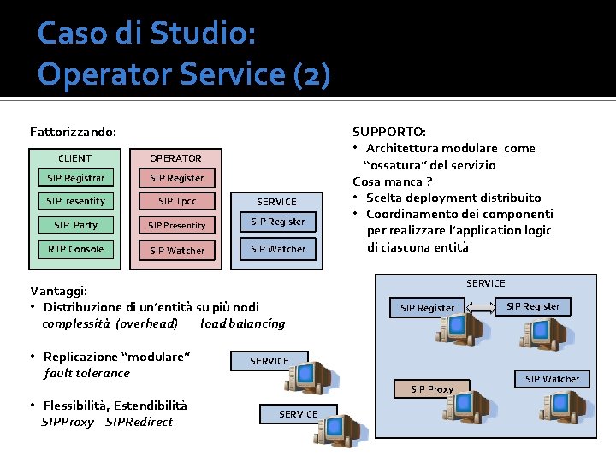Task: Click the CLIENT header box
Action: pos(74,158)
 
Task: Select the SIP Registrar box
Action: pos(75,178)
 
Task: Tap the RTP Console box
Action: pos(75,249)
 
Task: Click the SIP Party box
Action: pos(75,225)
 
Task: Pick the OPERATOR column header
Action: pos(176,158)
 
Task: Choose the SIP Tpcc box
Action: pos(176,202)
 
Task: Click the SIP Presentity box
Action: pos(176,226)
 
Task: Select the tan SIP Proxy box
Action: pos(431,389)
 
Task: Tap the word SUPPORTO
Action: pos(389,132)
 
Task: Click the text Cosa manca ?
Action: pos(392,181)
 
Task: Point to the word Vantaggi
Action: pos(58,290)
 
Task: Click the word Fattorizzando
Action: pos(73,132)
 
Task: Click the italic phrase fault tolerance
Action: pos(86,373)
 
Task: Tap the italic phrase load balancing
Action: pos(242,323)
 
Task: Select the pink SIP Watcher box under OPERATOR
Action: pos(176,251)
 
